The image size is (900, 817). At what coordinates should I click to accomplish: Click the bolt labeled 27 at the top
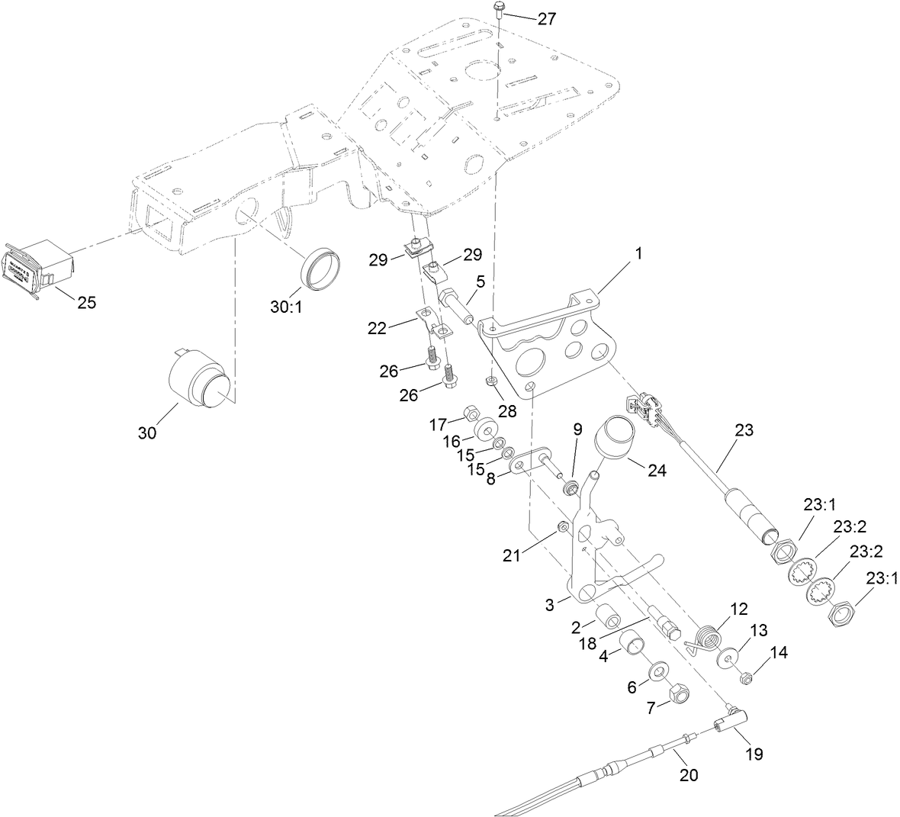[498, 11]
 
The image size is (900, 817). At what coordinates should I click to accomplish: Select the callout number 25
[87, 303]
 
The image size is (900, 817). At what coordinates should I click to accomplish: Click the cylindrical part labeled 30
[199, 381]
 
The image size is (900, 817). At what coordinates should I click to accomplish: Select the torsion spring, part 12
[708, 638]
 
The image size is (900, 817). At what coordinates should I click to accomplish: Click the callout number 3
[550, 605]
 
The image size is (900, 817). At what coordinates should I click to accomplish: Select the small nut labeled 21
[562, 527]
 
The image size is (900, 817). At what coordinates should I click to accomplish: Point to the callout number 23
[744, 430]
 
